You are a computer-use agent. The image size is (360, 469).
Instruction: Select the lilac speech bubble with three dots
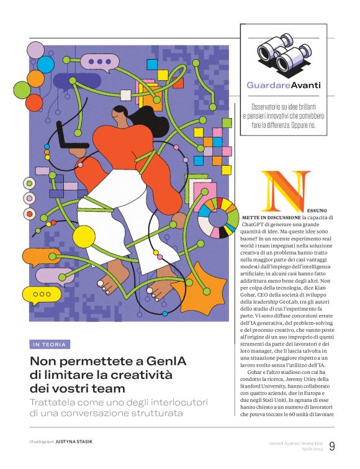tap(100, 61)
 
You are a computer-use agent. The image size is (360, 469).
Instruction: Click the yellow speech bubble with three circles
tap(42, 294)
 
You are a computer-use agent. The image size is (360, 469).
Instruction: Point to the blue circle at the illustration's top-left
tap(45, 64)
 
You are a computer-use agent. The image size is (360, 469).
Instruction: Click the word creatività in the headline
tap(140, 375)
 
